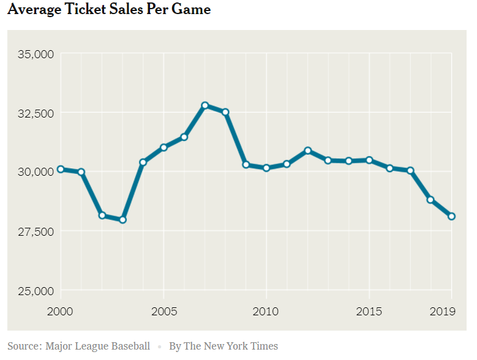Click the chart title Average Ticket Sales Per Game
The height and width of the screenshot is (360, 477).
click(109, 10)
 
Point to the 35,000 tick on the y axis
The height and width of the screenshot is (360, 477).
click(35, 54)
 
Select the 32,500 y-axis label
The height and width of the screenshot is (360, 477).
click(35, 113)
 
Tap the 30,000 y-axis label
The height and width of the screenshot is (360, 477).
click(35, 172)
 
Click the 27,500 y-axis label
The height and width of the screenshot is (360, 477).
click(35, 231)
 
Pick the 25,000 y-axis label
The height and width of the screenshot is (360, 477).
click(35, 290)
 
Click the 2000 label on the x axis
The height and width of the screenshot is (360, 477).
click(60, 311)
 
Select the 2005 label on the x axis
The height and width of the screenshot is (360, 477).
click(163, 311)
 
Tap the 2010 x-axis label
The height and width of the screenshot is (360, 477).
click(266, 311)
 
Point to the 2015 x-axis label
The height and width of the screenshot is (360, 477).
click(369, 311)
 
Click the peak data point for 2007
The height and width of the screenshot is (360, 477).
click(205, 105)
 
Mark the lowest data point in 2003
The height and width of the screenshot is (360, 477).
click(122, 220)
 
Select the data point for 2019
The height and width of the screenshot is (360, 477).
click(451, 216)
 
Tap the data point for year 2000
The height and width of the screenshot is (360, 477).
click(60, 170)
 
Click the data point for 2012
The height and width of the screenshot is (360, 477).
click(308, 151)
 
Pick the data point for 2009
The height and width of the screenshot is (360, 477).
click(246, 165)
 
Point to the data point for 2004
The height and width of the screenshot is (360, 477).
click(143, 162)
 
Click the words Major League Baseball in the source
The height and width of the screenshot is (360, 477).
click(97, 346)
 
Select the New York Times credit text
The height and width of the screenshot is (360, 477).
click(223, 346)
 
